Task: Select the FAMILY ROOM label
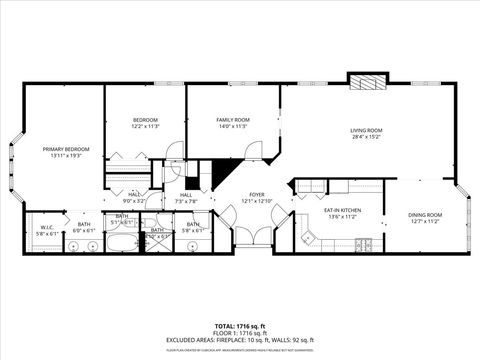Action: click(x=233, y=120)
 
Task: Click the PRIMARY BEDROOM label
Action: click(x=62, y=150)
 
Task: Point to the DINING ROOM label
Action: click(x=425, y=215)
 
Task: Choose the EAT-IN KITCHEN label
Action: click(x=342, y=210)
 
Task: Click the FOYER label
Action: click(x=257, y=196)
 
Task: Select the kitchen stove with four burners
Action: click(x=365, y=244)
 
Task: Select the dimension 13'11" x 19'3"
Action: click(x=62, y=157)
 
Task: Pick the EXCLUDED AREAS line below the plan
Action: click(x=240, y=339)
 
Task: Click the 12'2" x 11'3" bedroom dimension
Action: click(x=146, y=127)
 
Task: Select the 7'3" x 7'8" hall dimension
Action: click(x=187, y=202)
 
